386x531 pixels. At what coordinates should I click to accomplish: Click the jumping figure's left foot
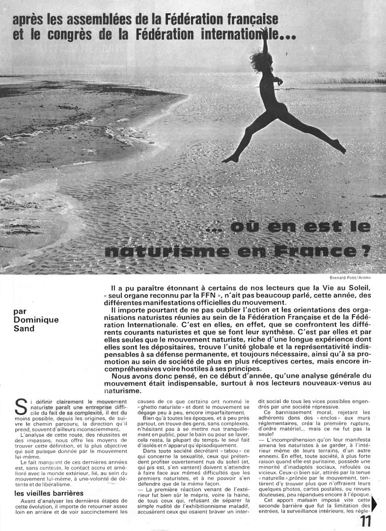click(230, 159)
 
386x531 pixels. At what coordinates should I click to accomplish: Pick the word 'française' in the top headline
click(242, 20)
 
